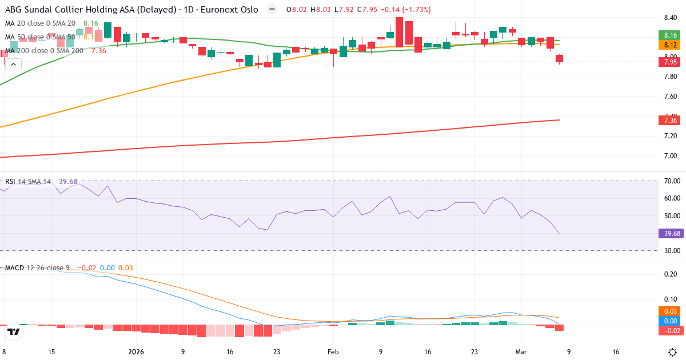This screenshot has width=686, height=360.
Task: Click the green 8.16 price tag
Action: click(x=671, y=35)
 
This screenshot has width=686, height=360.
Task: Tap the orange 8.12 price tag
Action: click(x=671, y=45)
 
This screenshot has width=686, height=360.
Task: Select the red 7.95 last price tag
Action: click(x=671, y=62)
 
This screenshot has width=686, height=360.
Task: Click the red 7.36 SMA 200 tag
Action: click(x=671, y=120)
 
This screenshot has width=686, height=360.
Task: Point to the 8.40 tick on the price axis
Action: click(x=671, y=17)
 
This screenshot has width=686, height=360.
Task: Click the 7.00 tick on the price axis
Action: click(x=671, y=156)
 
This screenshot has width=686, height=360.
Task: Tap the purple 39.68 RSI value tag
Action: click(x=671, y=233)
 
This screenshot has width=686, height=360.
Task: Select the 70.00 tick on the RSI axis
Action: click(x=671, y=181)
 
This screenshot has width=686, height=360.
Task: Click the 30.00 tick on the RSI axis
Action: click(x=671, y=250)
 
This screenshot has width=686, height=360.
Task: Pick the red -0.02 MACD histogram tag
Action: click(x=671, y=331)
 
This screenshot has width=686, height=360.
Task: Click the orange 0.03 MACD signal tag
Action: click(x=671, y=311)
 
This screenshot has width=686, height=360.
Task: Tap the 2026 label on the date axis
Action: click(x=137, y=352)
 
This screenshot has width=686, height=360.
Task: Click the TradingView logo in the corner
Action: click(x=14, y=331)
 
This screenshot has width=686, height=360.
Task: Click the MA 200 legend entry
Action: click(x=45, y=51)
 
